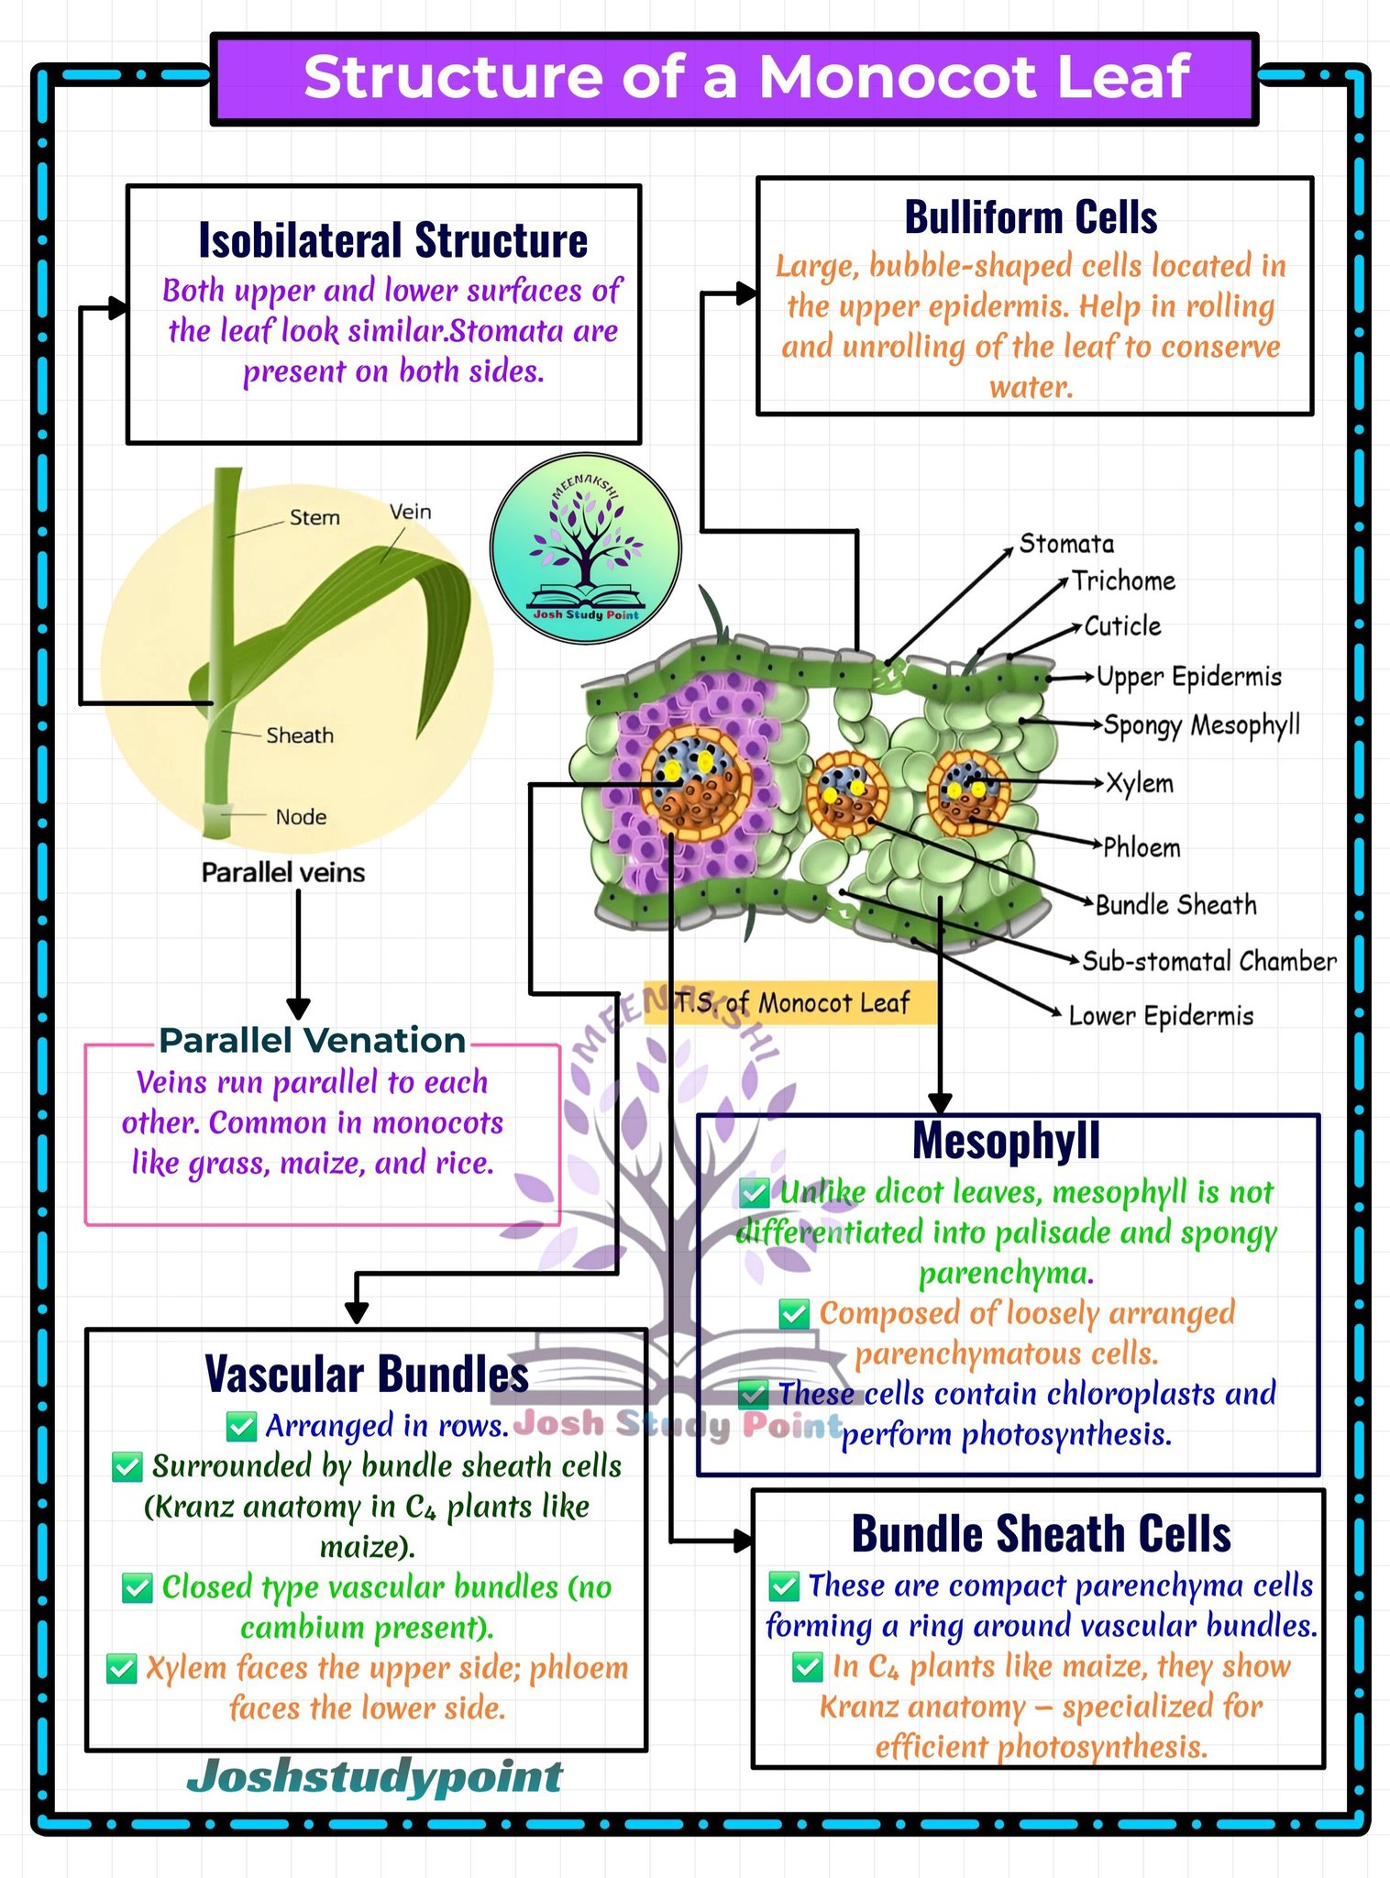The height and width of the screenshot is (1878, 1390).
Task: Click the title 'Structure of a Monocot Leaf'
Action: (746, 77)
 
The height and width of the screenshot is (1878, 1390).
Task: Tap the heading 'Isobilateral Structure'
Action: (393, 240)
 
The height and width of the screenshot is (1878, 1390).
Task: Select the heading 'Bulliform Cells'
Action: (1031, 217)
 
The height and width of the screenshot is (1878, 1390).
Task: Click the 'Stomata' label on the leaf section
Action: (1067, 544)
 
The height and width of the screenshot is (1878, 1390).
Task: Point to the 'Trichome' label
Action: (1124, 580)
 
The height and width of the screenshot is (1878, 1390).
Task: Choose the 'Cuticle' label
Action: (1123, 626)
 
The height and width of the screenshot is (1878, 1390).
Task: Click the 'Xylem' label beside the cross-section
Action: (1140, 784)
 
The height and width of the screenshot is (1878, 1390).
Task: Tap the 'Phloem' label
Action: (1142, 847)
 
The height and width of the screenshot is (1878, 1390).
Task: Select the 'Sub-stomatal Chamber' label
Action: (1209, 961)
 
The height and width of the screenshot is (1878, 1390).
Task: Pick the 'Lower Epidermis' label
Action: (1161, 1016)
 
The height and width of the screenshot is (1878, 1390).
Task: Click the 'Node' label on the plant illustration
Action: (301, 817)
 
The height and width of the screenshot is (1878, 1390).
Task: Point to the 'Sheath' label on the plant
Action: (300, 735)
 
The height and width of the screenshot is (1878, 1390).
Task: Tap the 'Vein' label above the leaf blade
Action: (410, 512)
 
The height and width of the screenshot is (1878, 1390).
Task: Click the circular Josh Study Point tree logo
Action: (586, 548)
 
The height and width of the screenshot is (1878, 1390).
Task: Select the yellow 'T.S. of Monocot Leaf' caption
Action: (790, 1002)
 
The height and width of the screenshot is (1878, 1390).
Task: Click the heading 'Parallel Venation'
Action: (313, 1041)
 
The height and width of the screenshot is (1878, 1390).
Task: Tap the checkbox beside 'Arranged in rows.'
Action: (241, 1426)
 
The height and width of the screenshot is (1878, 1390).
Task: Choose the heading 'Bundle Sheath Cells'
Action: (1041, 1533)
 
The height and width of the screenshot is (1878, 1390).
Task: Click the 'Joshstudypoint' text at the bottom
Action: (375, 1776)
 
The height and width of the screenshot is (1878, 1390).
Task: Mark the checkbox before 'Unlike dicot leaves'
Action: (754, 1193)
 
